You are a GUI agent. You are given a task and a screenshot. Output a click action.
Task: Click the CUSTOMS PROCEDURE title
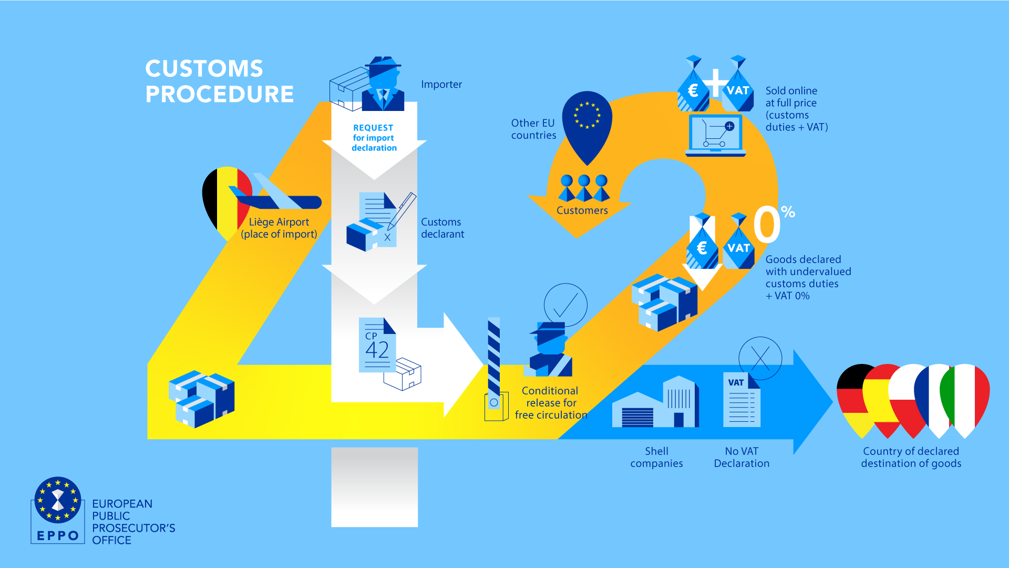[219, 82]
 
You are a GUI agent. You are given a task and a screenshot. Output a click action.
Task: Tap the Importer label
[441, 84]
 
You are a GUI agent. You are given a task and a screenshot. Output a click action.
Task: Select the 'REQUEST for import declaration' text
[374, 138]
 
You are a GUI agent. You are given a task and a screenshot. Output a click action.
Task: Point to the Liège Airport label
[279, 228]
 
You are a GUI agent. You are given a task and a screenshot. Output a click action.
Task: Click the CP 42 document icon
[377, 345]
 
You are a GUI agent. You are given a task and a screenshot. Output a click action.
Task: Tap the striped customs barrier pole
[493, 358]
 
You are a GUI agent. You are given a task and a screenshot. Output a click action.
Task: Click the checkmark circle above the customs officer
[565, 305]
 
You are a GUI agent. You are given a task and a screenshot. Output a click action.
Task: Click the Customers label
[582, 210]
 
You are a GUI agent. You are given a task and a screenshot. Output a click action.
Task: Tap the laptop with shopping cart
[715, 136]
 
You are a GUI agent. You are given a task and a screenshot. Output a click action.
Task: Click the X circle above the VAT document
[760, 358]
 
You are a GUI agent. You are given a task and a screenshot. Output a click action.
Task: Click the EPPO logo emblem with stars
[58, 500]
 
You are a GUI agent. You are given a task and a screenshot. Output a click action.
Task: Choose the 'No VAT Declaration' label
[741, 457]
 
